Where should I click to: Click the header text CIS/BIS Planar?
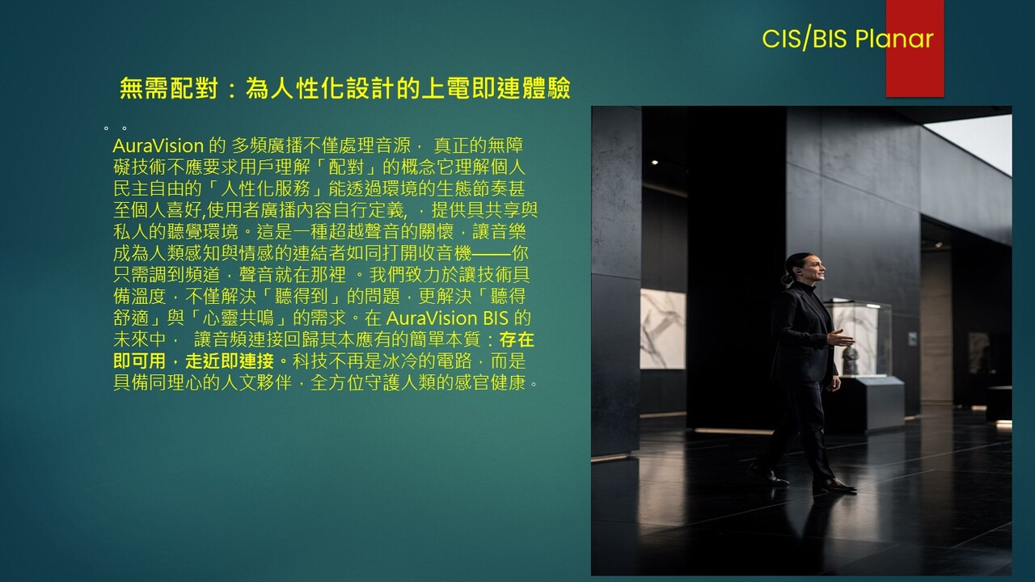(x=847, y=38)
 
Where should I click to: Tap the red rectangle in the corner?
(x=915, y=48)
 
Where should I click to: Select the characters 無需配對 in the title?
(x=169, y=88)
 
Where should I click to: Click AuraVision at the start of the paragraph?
(x=158, y=146)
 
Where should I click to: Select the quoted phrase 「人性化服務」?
(x=266, y=189)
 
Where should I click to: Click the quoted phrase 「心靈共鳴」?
(x=239, y=318)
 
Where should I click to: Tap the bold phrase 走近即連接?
(x=230, y=361)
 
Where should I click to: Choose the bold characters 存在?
(x=517, y=340)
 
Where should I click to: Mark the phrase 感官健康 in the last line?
(x=491, y=383)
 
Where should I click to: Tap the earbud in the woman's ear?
(x=797, y=271)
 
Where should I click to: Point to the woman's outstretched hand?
(x=840, y=339)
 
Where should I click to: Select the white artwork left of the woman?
(x=662, y=329)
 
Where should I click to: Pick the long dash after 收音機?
(x=492, y=254)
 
